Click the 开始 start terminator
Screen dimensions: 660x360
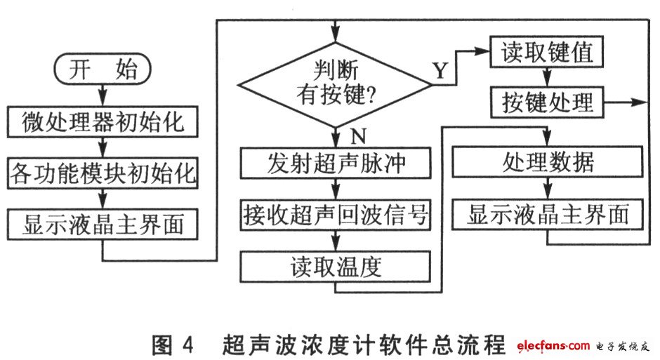pos(103,69)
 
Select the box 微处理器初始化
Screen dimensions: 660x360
pos(103,121)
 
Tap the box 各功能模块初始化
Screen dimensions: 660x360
pos(103,173)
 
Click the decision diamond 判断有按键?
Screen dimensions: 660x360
pos(335,85)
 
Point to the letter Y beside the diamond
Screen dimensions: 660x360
pos(440,70)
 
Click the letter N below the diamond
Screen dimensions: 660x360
pos(358,136)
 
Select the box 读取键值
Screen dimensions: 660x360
pos(546,52)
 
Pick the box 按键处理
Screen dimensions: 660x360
pos(547,102)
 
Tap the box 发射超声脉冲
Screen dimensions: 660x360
pos(336,163)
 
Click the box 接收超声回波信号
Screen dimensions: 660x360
pos(336,215)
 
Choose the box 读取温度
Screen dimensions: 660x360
pos(336,267)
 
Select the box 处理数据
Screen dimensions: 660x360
pos(547,161)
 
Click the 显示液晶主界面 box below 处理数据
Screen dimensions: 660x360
pos(547,214)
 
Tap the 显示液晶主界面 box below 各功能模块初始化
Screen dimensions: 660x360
pos(103,224)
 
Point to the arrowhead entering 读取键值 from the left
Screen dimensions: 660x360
pos(482,51)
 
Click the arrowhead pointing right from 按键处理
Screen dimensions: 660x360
pos(640,102)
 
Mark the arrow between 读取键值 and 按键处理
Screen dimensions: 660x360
pos(547,77)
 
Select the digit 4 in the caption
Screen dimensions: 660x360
pos(187,345)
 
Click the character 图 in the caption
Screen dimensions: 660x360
pos(162,345)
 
